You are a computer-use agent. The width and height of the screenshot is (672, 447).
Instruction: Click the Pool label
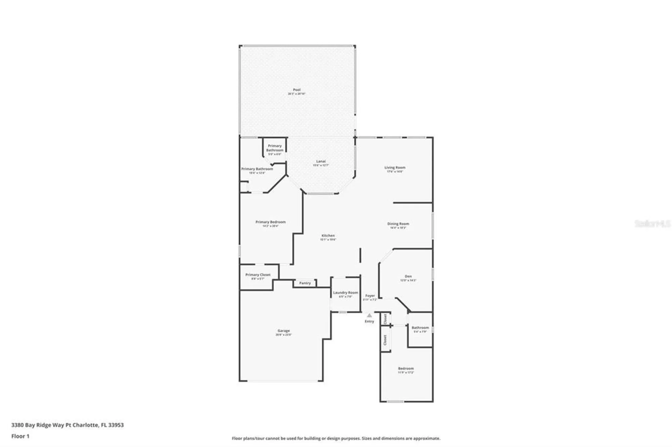[x=296, y=90]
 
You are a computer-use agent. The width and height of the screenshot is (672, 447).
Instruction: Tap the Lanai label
[x=321, y=161]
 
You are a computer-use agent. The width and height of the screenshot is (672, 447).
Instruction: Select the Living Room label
[x=395, y=167]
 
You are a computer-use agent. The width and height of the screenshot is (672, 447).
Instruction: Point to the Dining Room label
[x=398, y=224]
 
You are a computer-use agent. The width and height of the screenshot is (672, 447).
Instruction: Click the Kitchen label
[x=328, y=236]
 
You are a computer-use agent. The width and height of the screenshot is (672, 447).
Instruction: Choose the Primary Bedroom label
[x=270, y=222]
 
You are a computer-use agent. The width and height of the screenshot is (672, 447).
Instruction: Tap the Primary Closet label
[x=258, y=275]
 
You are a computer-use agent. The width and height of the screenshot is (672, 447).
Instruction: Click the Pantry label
[x=305, y=283]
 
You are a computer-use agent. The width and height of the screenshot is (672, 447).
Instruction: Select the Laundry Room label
[x=345, y=293]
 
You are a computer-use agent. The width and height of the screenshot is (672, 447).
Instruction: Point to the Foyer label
[x=370, y=296]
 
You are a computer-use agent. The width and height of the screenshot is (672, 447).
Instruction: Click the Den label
[x=408, y=276]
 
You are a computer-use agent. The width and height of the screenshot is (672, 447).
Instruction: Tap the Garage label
[x=284, y=331]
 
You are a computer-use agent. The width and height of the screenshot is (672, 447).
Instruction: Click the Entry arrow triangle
[x=369, y=315]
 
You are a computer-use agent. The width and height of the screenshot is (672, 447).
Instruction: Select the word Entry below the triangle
[x=369, y=321]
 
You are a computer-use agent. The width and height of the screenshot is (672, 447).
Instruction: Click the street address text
[x=68, y=425]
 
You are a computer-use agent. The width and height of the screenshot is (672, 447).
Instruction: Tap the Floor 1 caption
[x=20, y=436]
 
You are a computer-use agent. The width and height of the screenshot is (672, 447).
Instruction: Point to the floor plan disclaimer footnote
[x=336, y=438]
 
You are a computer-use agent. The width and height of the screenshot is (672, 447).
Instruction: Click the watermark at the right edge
[x=652, y=223]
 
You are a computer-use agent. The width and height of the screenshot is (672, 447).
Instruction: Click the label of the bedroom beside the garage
[x=406, y=368]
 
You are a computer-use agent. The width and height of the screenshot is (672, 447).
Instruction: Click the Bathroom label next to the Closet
[x=420, y=328]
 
